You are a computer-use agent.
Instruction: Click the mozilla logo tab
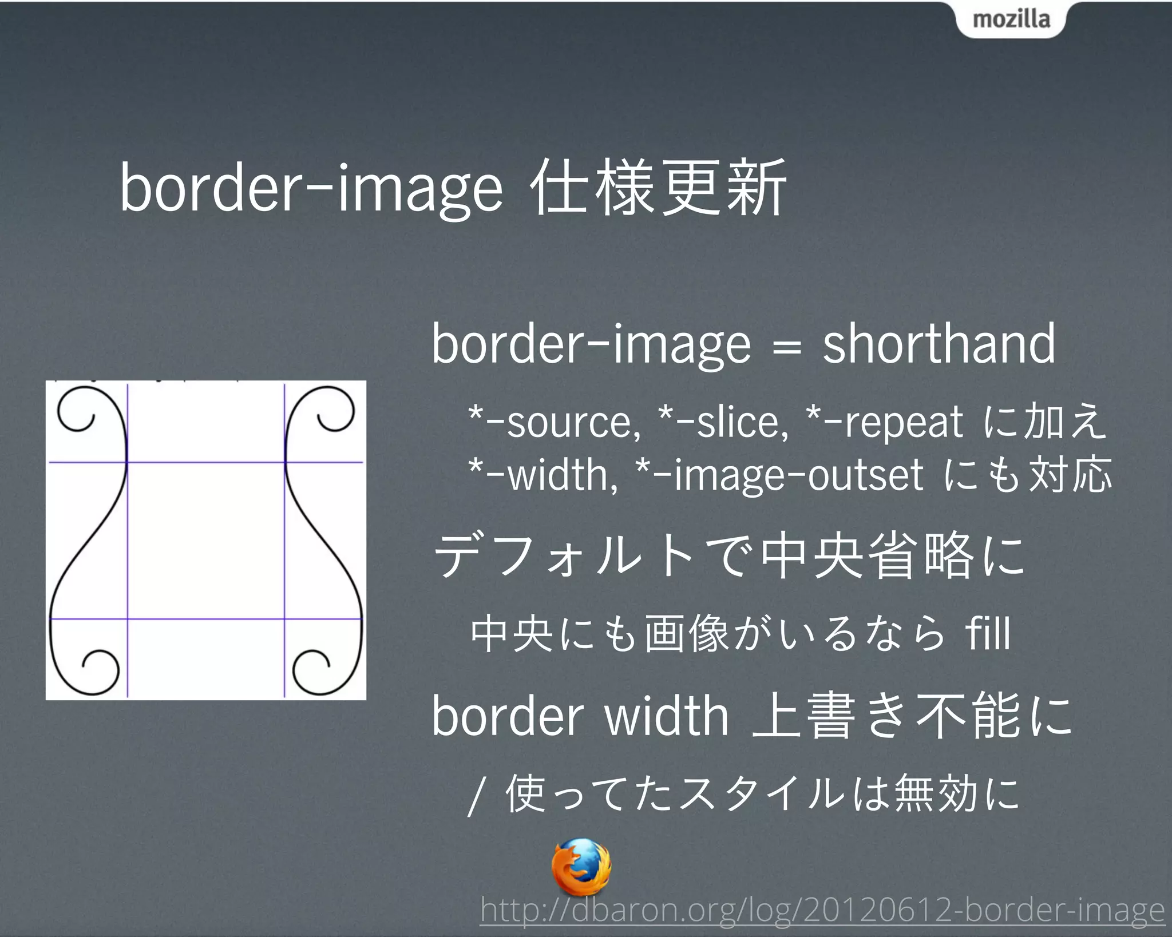pyautogui.click(x=1011, y=19)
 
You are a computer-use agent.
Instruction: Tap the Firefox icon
pyautogui.click(x=580, y=867)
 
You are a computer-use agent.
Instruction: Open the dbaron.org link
pyautogui.click(x=822, y=910)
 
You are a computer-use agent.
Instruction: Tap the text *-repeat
pyautogui.click(x=884, y=422)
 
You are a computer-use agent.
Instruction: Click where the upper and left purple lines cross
pyautogui.click(x=127, y=462)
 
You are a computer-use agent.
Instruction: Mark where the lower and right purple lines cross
pyautogui.click(x=284, y=618)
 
